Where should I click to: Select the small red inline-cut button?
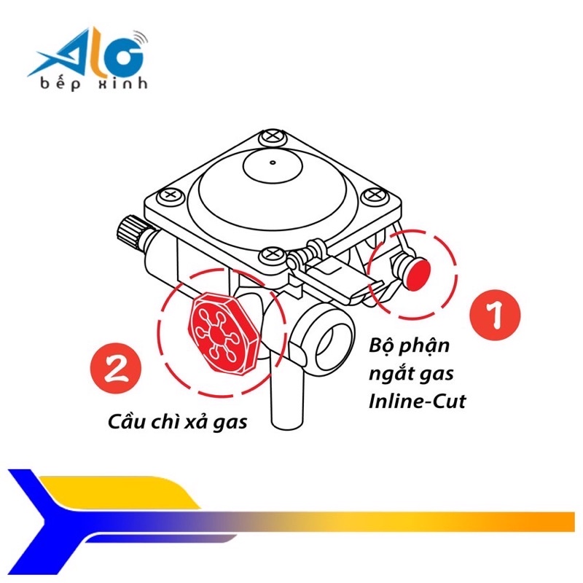pyautogui.click(x=418, y=272)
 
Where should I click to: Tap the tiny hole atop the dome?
pyautogui.click(x=271, y=163)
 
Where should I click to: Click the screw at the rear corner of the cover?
pyautogui.click(x=270, y=136)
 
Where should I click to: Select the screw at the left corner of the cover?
pyautogui.click(x=172, y=195)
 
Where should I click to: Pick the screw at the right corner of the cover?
pyautogui.click(x=375, y=195)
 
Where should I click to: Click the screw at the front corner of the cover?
pyautogui.click(x=270, y=255)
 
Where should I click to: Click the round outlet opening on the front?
pyautogui.click(x=332, y=339)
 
